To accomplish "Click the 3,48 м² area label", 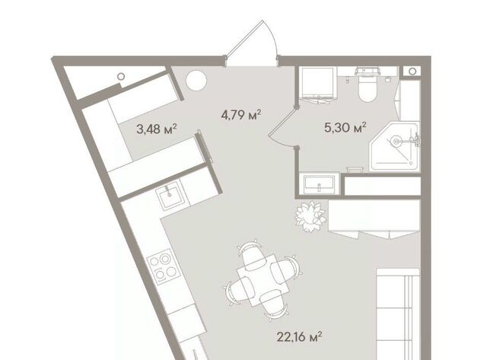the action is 157,129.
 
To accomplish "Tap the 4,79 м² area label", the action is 241,115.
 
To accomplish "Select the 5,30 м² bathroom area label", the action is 345,127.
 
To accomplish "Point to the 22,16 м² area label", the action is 299,336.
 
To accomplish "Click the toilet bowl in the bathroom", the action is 368,86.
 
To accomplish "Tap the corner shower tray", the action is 394,146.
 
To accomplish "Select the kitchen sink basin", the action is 169,195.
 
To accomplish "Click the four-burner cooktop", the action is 163,266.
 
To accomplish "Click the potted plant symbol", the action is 310,216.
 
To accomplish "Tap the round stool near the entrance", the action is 196,81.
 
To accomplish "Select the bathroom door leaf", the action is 282,123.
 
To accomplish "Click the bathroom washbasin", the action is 320,183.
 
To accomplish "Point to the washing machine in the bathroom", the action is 317,84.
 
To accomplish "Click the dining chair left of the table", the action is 239,291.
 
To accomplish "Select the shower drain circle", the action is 396,142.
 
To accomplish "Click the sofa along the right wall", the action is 398,314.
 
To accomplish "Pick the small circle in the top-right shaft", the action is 412,72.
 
